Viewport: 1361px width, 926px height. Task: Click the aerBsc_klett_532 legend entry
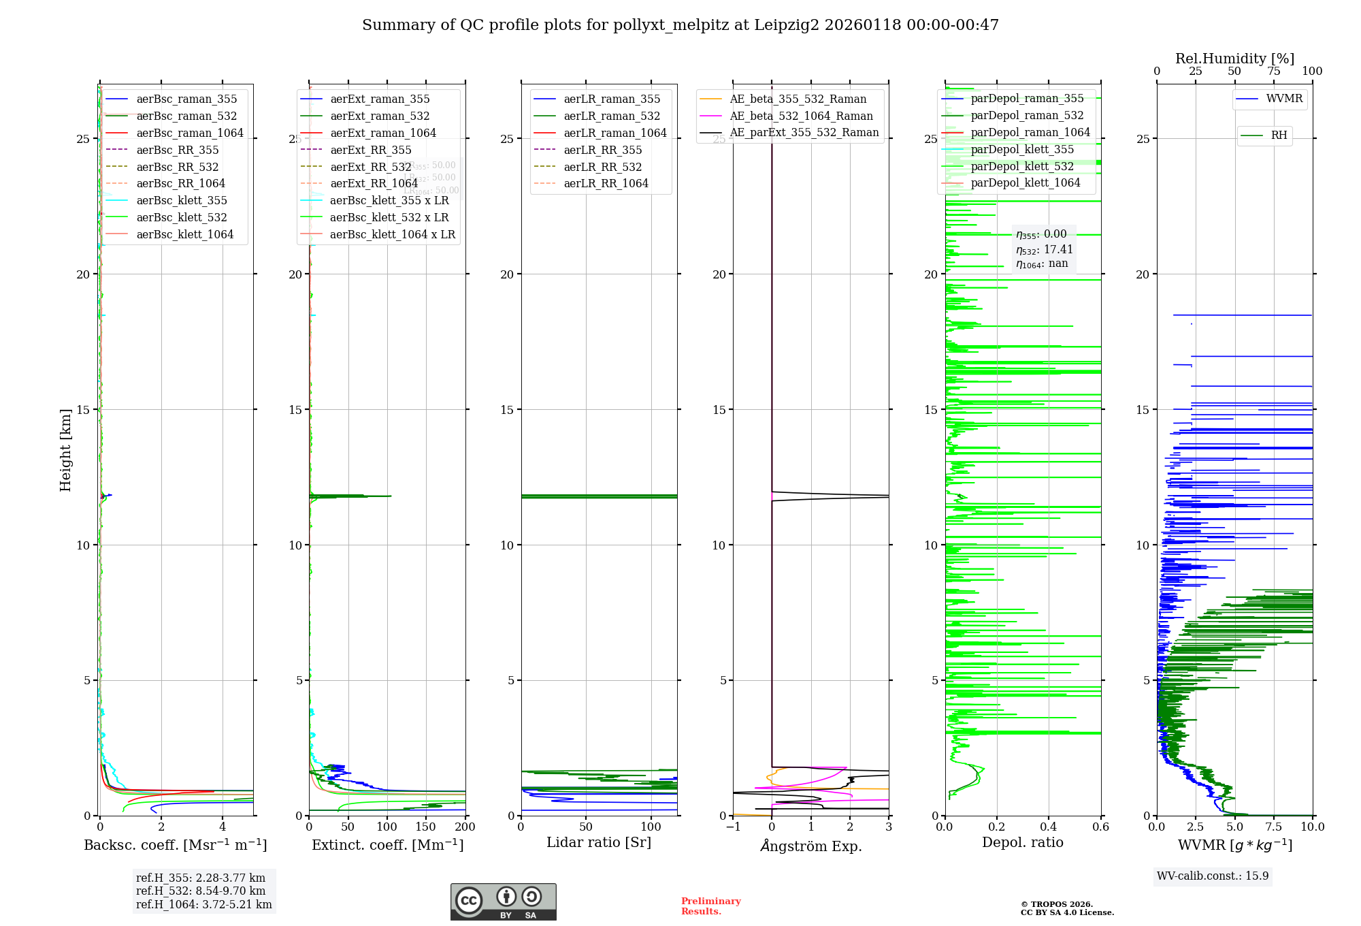181,217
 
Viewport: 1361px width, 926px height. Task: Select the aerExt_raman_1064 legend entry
382,133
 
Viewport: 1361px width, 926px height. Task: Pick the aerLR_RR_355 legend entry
602,150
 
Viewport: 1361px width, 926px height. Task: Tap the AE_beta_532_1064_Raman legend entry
801,116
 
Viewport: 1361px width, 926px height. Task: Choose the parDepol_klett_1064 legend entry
1025,182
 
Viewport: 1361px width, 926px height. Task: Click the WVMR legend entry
1283,99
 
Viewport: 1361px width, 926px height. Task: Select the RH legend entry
1279,135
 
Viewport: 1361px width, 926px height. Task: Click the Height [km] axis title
65,450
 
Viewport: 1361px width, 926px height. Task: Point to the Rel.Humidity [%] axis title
1234,59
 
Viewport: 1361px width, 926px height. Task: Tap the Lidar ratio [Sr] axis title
599,842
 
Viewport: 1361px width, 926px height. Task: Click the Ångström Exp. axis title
811,846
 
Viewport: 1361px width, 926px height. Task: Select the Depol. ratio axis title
1022,842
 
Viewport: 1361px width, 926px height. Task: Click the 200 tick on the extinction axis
465,827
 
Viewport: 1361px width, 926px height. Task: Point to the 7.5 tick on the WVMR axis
1273,827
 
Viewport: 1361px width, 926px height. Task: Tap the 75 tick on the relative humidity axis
1273,71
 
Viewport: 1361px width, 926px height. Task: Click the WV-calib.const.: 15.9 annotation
1213,876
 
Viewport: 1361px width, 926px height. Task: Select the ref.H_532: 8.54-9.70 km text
201,891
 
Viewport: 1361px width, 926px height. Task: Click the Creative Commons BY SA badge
503,901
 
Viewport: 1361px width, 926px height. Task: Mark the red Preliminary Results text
710,906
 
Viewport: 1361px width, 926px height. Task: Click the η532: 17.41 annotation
1044,250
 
